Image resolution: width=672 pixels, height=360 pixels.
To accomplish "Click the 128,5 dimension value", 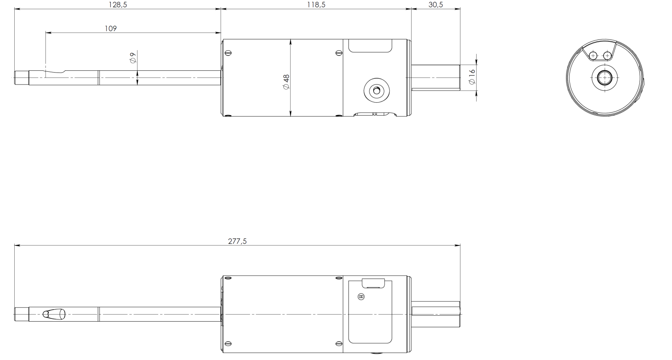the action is coord(118,5).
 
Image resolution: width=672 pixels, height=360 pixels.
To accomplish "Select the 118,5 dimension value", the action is coord(316,5).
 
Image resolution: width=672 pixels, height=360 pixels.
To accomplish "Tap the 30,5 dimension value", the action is coord(436,5).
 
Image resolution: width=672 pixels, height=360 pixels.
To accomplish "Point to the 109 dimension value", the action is coord(111,28).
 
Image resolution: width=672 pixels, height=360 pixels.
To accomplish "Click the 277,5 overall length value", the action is coord(237,241).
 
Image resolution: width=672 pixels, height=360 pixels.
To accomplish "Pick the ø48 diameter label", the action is coord(286,82).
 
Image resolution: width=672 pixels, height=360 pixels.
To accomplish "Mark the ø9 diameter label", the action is coord(133,57).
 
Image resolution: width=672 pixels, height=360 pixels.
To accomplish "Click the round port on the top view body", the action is coord(376,91).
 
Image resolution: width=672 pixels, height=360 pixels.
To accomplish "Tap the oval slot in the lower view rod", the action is coord(54,314).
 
